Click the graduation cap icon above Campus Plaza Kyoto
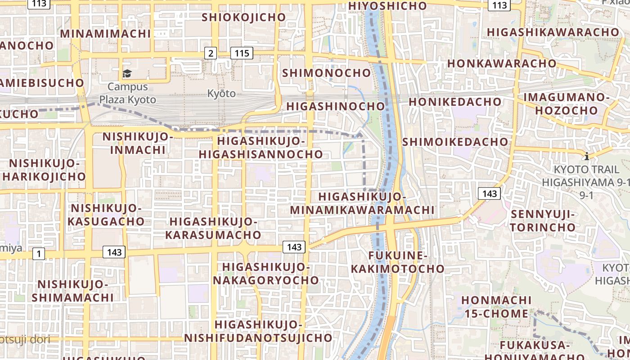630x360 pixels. pos(127,73)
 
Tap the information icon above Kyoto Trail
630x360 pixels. pos(587,156)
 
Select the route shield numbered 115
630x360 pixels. pos(242,53)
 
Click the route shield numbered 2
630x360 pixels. pos(211,53)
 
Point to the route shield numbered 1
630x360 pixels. pos(39,254)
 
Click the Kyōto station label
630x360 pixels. pos(221,94)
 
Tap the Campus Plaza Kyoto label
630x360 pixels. pos(128,93)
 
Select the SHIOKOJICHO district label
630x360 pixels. pos(243,17)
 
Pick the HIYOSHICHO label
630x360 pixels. pos(387,6)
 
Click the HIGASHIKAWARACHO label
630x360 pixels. pos(553,32)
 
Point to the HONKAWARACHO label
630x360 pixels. pos(502,63)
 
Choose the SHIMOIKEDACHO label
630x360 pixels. pos(455,142)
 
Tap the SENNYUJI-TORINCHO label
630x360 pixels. pos(543,220)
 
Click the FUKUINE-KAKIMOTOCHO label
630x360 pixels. pos(398,262)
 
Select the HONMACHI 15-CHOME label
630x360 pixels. pos(496,306)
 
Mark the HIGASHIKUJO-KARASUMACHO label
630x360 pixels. pos(213,228)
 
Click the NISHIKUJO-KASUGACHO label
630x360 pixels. pos(106,215)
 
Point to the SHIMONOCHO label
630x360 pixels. pos(327,73)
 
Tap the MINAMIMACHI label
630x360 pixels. pos(105,34)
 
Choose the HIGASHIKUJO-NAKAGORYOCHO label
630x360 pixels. pos(266,274)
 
